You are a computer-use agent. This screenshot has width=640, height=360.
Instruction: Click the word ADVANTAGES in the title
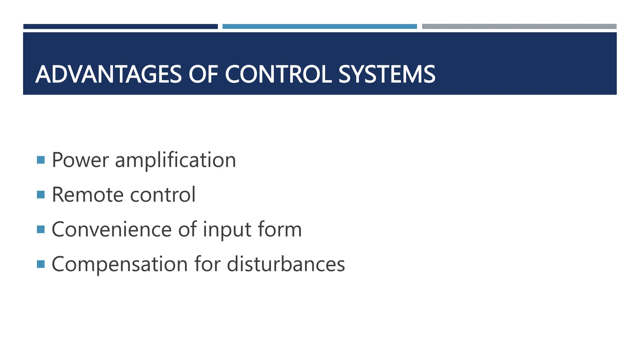click(x=108, y=75)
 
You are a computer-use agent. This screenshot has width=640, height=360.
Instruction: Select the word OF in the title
click(x=203, y=75)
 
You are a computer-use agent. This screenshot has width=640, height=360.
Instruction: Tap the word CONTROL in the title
click(x=278, y=75)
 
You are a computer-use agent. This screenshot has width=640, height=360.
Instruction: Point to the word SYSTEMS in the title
click(x=387, y=75)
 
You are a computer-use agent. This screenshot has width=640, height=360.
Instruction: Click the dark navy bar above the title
click(x=120, y=27)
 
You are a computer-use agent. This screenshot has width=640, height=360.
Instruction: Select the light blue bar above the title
click(x=319, y=27)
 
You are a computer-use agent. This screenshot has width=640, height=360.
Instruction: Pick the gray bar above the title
click(x=519, y=27)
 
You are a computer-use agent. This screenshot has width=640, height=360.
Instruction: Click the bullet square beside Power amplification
click(x=41, y=160)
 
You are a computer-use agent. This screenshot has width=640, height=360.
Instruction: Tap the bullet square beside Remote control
click(x=41, y=195)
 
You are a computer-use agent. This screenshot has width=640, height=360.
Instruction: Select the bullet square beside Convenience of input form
click(x=41, y=229)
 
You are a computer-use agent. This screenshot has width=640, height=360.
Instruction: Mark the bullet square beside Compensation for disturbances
click(x=41, y=264)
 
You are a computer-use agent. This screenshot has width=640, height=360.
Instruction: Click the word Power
click(x=80, y=160)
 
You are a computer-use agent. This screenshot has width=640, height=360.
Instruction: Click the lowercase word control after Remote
click(x=162, y=195)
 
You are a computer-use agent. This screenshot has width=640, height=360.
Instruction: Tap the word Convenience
click(x=112, y=229)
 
